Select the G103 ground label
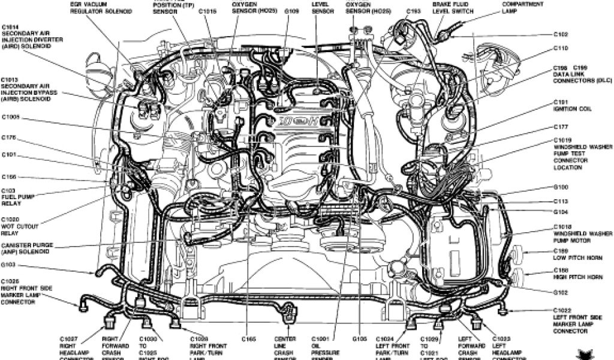coord(8,264)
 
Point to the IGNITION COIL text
coord(572,110)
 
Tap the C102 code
coord(561,34)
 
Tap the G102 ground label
coord(561,293)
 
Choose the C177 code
coord(561,127)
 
